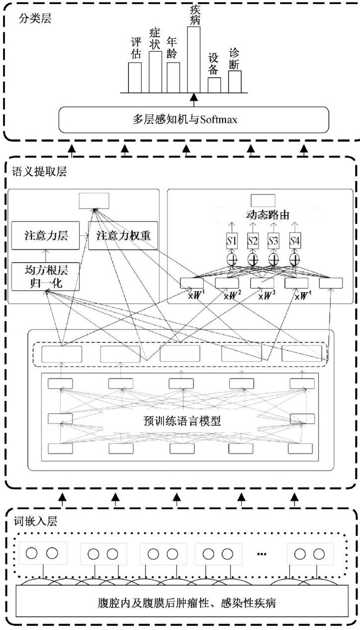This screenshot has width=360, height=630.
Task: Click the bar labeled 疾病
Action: click(194, 60)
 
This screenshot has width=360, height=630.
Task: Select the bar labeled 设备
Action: click(214, 85)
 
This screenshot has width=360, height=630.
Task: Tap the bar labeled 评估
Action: click(135, 77)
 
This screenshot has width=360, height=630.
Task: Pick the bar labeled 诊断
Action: click(235, 82)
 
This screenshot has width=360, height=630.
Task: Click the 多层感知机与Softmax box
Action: click(194, 120)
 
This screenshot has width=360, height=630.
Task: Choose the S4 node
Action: click(296, 242)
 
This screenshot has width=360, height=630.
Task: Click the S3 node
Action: click(274, 242)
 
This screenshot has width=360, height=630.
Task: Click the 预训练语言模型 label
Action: click(181, 420)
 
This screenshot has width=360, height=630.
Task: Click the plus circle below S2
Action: click(253, 259)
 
